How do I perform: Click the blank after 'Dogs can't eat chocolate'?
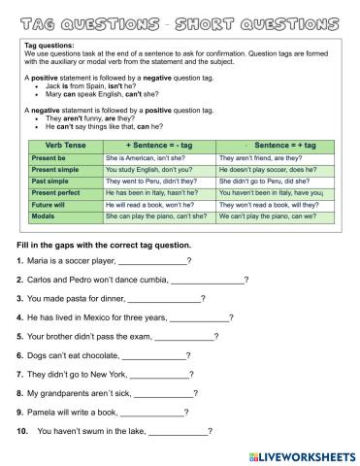click(x=151, y=356)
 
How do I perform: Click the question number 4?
click(x=19, y=318)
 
